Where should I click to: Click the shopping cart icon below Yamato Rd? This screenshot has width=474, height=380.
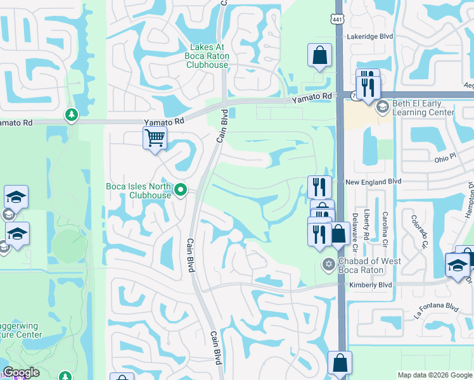click(155, 137)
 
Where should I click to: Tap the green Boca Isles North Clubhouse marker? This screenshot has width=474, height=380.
click(181, 189)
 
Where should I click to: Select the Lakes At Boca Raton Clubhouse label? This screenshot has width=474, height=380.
click(210, 56)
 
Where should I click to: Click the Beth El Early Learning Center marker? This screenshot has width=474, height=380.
click(382, 107)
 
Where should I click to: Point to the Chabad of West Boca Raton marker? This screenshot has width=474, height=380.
click(328, 263)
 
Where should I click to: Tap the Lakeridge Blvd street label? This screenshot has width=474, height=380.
click(370, 37)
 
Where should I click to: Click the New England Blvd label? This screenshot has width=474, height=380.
click(374, 181)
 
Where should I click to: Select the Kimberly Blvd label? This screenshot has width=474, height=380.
click(370, 286)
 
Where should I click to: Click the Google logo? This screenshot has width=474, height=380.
click(21, 373)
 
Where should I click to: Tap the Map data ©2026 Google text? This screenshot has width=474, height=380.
click(433, 375)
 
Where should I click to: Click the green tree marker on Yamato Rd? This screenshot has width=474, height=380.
click(70, 115)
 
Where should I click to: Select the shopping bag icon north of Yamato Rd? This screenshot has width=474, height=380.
click(319, 55)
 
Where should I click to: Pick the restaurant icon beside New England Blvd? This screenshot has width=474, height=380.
click(319, 187)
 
